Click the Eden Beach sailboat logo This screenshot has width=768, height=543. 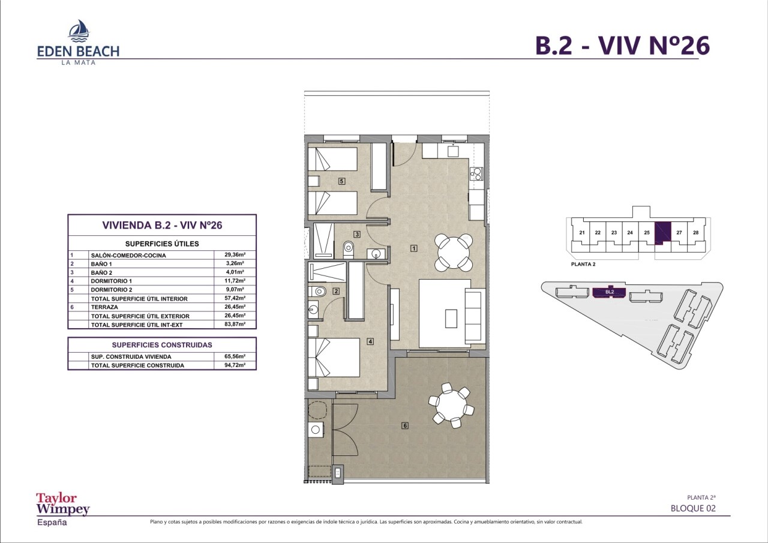coord(79,31)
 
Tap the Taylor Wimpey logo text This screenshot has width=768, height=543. coord(63,504)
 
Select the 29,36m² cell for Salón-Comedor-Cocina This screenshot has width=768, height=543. coord(235,255)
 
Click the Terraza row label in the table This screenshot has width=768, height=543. coord(104,307)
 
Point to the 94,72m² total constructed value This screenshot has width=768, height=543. coord(235,365)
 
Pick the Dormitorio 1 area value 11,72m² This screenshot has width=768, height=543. coord(235,281)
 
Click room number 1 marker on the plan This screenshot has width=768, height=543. coord(414,248)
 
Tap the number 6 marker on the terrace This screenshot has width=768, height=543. coord(405,425)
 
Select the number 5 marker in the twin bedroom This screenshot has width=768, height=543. coord(341,181)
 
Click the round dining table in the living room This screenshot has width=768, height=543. coord(453,253)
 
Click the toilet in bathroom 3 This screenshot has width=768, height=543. coord(349,250)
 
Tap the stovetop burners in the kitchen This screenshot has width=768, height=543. coord(476,174)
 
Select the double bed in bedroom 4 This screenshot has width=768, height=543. coord(334,358)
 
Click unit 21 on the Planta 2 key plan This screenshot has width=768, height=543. coord(582,232)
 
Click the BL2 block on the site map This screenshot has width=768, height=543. coord(609,292)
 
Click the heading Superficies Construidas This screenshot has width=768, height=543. coord(162,345)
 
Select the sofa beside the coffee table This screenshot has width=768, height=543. coord(475,316)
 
